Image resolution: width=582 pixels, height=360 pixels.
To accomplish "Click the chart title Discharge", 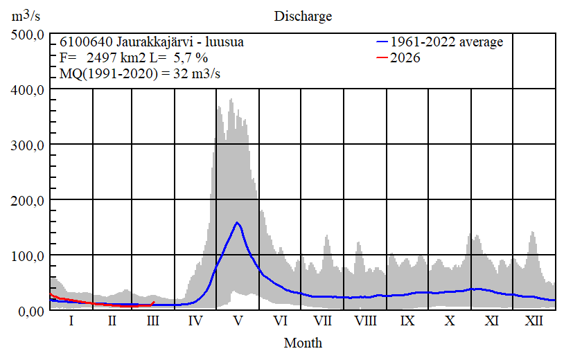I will pos(303,16).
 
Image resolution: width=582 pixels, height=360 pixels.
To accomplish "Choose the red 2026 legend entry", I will pos(405,58).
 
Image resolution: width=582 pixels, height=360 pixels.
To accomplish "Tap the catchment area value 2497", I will pos(100,58).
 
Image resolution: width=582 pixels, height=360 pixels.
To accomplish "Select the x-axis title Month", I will pos(303,342).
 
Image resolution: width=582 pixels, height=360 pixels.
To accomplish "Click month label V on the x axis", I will pos(238,321).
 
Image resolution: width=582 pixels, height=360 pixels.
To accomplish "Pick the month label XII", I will pos(534,321).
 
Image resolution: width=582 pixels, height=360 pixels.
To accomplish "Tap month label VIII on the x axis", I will pos(365,321).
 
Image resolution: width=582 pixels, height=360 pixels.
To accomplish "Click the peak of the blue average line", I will pos(237,222).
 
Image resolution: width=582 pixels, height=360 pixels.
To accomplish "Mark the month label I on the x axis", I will pos(71,321).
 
